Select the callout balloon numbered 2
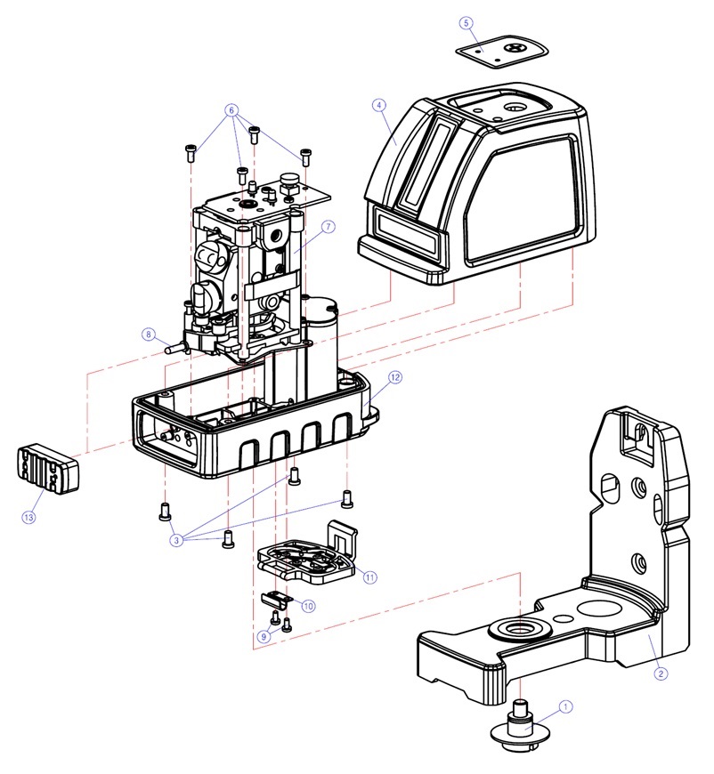[x=661, y=673]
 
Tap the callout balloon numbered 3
[x=177, y=540]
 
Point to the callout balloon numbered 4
[x=379, y=105]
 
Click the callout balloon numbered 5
[x=467, y=21]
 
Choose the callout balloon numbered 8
[x=148, y=335]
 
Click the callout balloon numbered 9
[x=264, y=636]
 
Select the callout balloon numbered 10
[x=308, y=606]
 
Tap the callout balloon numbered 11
[x=369, y=576]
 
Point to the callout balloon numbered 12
[x=394, y=377]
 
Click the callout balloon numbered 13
[x=29, y=517]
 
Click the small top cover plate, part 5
[x=502, y=50]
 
